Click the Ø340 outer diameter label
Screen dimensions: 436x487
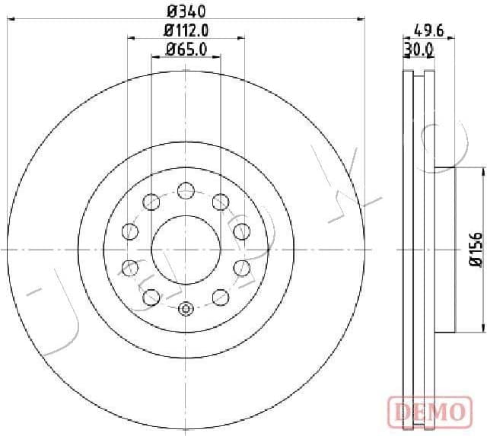click(x=186, y=11)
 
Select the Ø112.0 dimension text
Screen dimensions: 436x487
click(x=186, y=30)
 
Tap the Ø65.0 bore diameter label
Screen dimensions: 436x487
click(x=186, y=50)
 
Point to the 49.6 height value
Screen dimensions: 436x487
click(x=428, y=30)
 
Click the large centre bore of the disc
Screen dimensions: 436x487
click(x=186, y=249)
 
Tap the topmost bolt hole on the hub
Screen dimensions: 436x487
click(x=186, y=190)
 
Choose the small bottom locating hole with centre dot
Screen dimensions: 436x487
click(x=186, y=309)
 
